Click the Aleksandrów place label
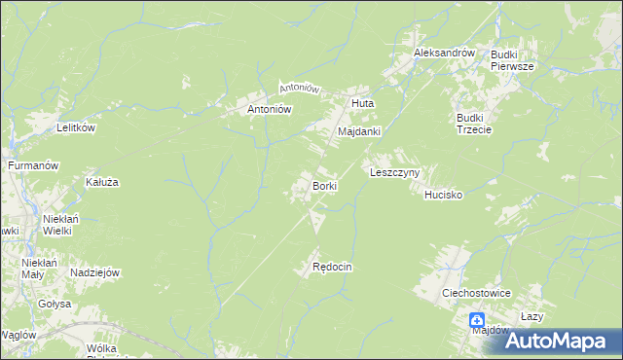pyautogui.click(x=443, y=53)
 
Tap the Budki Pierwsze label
pyautogui.click(x=510, y=60)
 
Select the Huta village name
pyautogui.click(x=362, y=102)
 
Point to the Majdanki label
pyautogui.click(x=358, y=130)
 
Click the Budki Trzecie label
pyautogui.click(x=474, y=125)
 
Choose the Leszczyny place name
pyautogui.click(x=394, y=172)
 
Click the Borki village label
pyautogui.click(x=324, y=185)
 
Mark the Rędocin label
pyautogui.click(x=331, y=267)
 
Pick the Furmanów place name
pyautogui.click(x=34, y=166)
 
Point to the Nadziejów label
pyautogui.click(x=94, y=273)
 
